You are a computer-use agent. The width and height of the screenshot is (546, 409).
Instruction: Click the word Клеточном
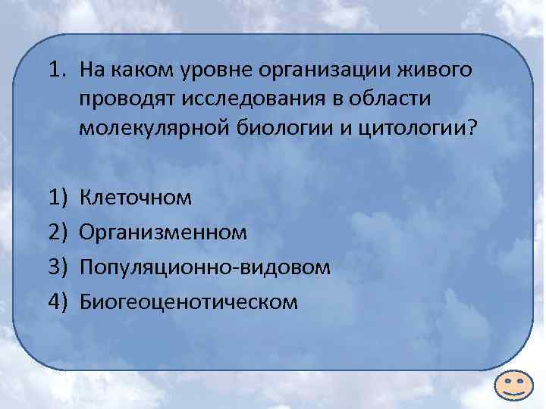click(136, 198)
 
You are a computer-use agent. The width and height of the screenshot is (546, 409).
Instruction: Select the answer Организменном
click(163, 233)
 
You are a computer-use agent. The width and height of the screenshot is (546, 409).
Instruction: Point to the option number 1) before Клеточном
click(58, 198)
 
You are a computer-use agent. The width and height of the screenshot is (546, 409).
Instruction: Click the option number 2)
click(58, 233)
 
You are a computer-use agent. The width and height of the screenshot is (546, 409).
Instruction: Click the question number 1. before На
click(56, 70)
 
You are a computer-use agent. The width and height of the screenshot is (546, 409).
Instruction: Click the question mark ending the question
click(473, 127)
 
